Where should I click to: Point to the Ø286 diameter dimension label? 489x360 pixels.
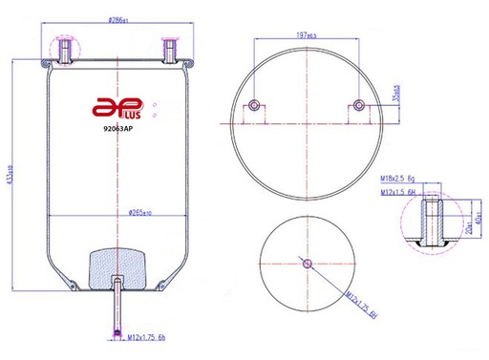117,20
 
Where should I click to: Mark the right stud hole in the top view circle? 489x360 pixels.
358,105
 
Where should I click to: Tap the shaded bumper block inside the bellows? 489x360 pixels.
117,266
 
